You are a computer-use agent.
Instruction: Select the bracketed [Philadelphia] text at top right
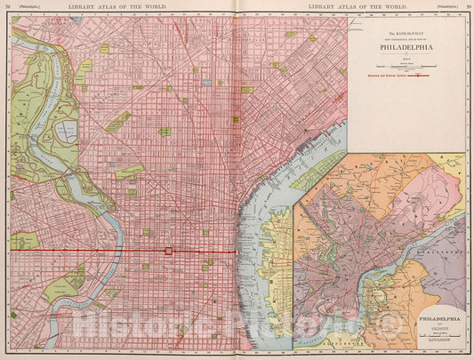click(x=442, y=7)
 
